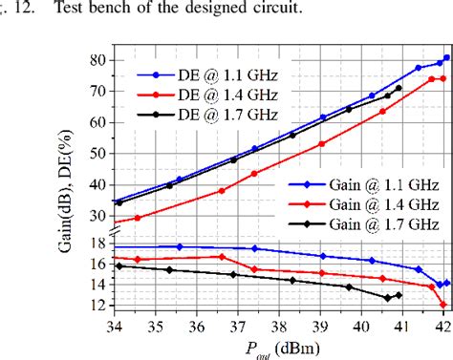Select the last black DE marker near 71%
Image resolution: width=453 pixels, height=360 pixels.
399,88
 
